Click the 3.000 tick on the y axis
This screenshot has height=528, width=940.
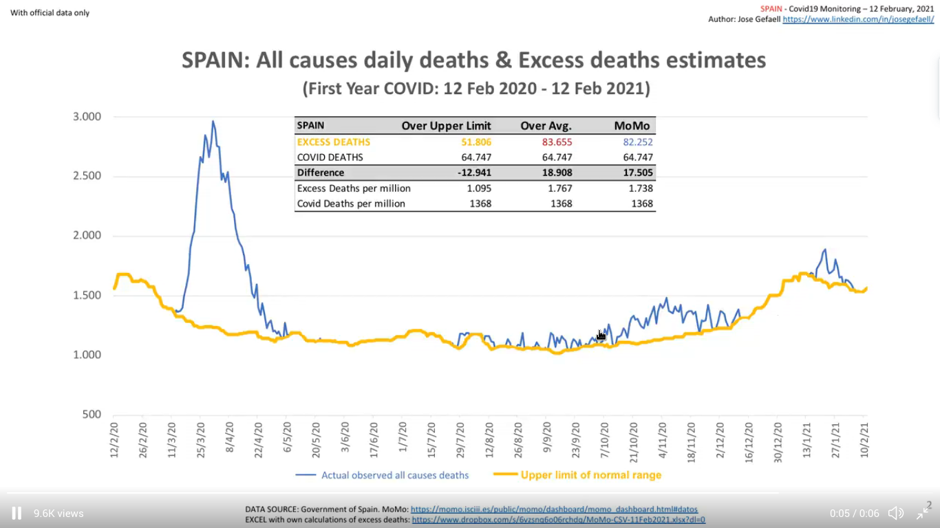(x=87, y=116)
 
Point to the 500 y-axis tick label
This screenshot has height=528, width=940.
(x=92, y=414)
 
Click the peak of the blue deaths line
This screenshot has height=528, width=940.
(x=213, y=122)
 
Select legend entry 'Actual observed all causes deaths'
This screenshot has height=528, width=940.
(x=394, y=475)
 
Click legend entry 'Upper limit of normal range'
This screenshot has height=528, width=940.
(x=590, y=475)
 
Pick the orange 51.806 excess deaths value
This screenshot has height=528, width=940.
(x=476, y=142)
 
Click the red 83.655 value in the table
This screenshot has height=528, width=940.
(x=557, y=142)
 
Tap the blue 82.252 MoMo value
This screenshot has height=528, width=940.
(x=637, y=142)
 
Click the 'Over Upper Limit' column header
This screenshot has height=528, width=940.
(x=446, y=126)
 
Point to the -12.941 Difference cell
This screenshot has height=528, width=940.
(x=474, y=173)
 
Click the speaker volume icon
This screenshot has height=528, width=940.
(x=895, y=513)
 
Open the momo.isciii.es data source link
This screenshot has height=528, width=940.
(x=554, y=509)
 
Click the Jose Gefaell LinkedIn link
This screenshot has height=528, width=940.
(x=858, y=19)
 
